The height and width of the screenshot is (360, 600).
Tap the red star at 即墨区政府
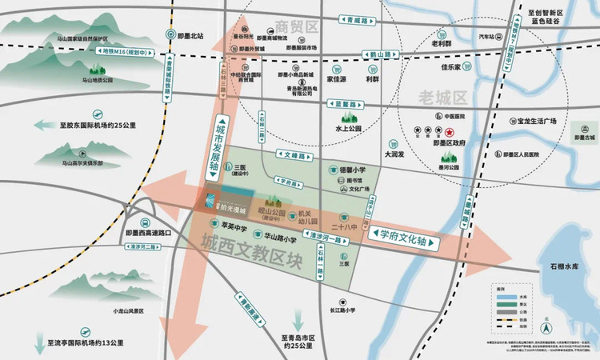tap(450, 132)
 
